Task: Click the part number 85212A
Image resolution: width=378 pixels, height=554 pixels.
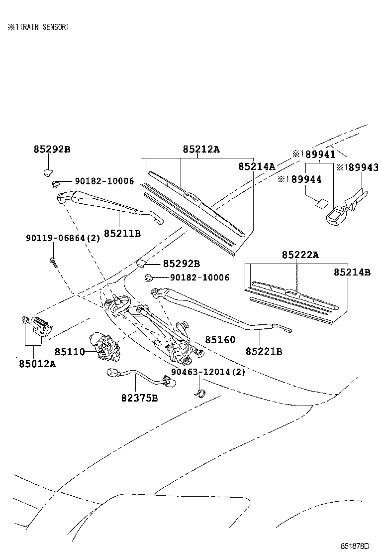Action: (201, 149)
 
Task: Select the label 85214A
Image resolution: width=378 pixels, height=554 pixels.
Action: (257, 166)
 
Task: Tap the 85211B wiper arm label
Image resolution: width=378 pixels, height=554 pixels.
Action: (122, 233)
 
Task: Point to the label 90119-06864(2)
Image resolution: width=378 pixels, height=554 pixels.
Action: (63, 239)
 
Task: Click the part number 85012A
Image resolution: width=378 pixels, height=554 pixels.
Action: (38, 364)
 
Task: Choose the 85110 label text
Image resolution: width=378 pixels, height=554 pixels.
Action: (69, 352)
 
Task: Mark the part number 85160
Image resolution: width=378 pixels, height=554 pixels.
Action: (220, 340)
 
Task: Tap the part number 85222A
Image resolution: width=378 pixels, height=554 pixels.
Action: (300, 255)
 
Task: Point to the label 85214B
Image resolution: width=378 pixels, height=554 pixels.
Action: (352, 272)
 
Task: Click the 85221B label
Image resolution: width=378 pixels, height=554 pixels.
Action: (264, 352)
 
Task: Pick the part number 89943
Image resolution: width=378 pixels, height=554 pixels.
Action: (361, 167)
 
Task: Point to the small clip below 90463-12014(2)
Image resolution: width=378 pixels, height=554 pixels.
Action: (198, 393)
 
